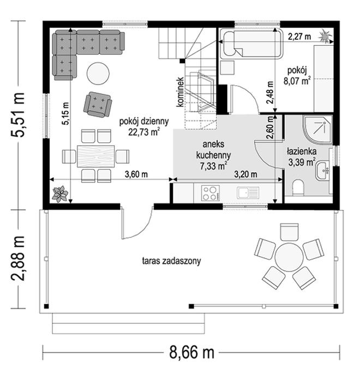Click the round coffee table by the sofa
(x=98, y=73)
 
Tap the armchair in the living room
(x=98, y=105)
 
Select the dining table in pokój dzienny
(x=95, y=156)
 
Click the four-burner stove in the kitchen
(x=211, y=193)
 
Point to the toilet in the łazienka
(x=298, y=188)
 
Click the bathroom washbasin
(x=322, y=171)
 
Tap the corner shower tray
(x=317, y=130)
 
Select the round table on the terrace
(x=289, y=257)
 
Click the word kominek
(x=181, y=92)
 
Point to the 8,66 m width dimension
(x=191, y=352)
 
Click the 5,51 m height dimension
(x=19, y=114)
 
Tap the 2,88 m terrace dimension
(x=19, y=258)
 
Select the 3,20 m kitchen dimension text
(x=245, y=174)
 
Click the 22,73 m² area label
(x=144, y=132)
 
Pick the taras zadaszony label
(x=171, y=261)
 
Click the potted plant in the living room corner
(x=61, y=194)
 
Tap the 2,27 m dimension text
(x=299, y=37)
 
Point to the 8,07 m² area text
(x=297, y=81)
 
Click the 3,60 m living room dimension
(x=136, y=174)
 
